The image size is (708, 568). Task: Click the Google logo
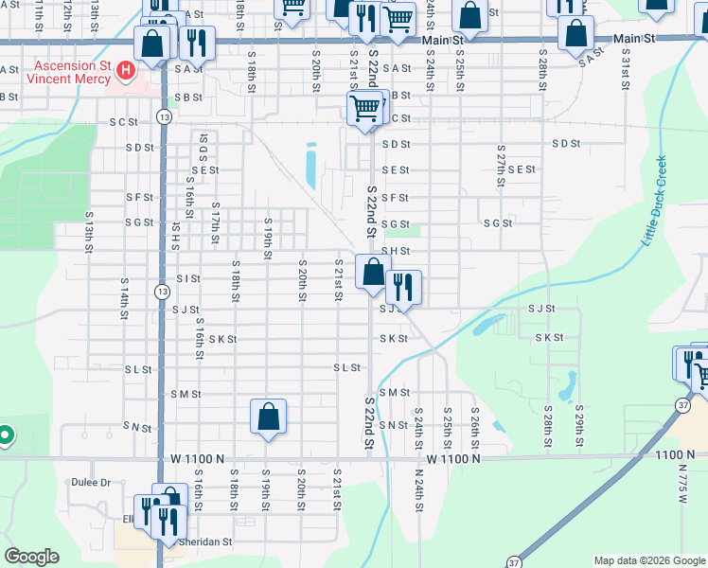31,557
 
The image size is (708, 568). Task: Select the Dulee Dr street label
91,482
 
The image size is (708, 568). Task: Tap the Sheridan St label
205,542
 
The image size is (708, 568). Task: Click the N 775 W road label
685,479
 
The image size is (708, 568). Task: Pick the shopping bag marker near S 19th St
269,415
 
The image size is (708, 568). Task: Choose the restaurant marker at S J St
403,286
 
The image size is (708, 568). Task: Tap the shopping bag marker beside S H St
374,272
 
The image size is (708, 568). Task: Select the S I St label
188,278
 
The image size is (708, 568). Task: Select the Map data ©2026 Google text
648,560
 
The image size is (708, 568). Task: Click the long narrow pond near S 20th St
310,166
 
